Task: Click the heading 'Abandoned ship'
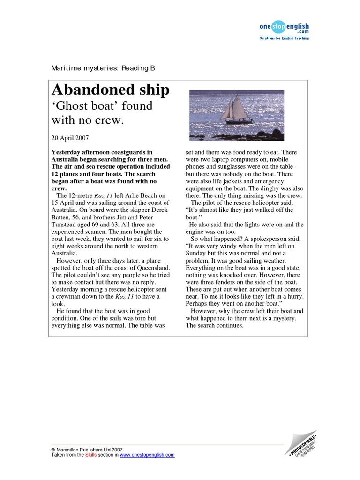[x=110, y=90]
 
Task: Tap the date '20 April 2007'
[x=70, y=138]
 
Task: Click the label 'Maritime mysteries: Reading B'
[x=103, y=68]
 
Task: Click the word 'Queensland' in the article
[x=152, y=267]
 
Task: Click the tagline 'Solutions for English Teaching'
[x=284, y=38]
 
